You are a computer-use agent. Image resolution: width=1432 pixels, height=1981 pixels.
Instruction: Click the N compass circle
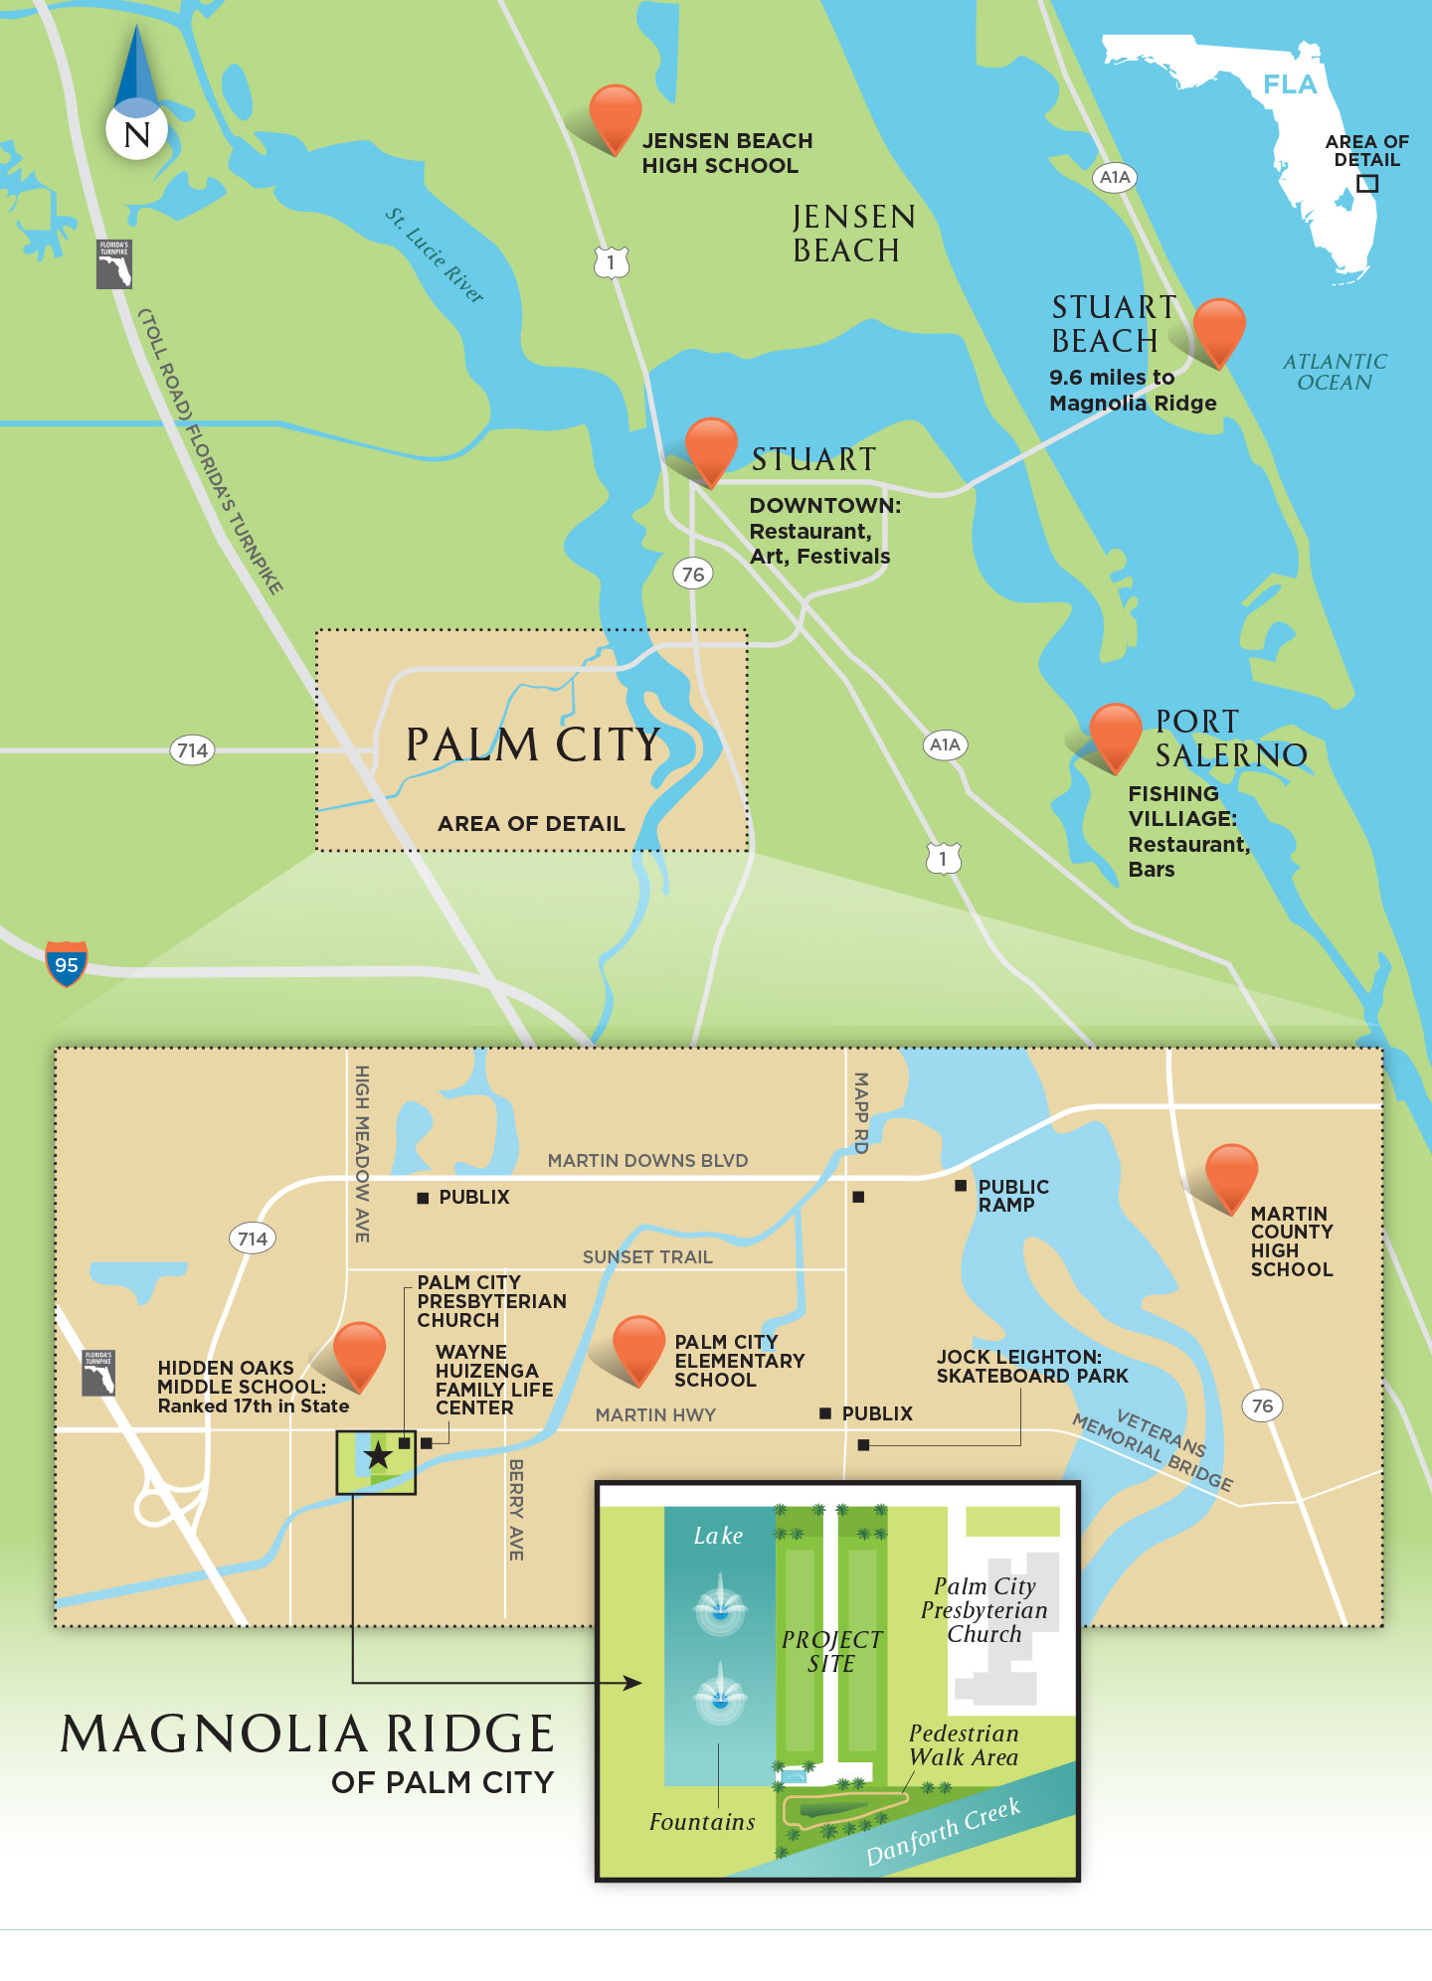coord(136,133)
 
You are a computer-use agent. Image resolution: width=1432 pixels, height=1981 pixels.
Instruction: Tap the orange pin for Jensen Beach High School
coord(615,115)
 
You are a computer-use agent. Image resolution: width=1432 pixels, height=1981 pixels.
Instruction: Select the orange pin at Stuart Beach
coord(1218,327)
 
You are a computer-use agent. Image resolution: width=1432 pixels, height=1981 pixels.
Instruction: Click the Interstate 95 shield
coord(67,963)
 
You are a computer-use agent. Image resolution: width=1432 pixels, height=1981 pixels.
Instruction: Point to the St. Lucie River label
coord(435,255)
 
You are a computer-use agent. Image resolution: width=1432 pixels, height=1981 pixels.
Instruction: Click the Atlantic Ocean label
coord(1334,372)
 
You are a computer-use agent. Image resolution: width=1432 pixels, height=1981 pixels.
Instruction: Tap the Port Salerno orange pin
coord(1115,733)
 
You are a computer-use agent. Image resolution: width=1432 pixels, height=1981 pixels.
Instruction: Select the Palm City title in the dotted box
coord(533,744)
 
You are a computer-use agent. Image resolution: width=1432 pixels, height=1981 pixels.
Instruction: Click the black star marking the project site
coord(378,1456)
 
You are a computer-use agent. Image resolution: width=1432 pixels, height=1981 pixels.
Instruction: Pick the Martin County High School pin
coord(1231,1174)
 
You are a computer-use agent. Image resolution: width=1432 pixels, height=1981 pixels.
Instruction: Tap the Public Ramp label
coord(1012,1196)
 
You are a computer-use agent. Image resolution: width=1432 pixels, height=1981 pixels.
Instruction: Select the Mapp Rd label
coord(861,1112)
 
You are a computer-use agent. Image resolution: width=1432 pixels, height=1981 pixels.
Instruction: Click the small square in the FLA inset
coord(1367,183)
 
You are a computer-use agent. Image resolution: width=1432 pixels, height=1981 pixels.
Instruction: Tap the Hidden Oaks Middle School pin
coord(358,1352)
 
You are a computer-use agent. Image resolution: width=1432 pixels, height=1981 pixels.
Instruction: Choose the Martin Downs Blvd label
coord(647,1160)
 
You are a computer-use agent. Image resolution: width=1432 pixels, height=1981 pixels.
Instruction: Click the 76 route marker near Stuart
coord(693,574)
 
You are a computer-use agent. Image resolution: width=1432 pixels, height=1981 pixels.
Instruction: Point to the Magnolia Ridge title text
coord(307,1734)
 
